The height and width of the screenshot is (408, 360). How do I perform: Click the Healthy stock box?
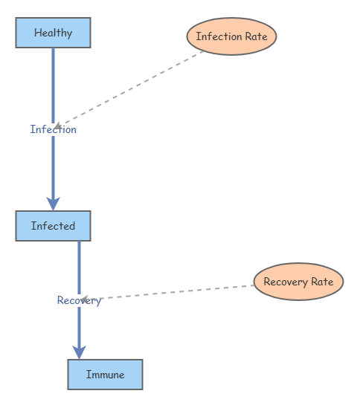[x=53, y=33]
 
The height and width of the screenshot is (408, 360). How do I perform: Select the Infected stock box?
[x=53, y=226]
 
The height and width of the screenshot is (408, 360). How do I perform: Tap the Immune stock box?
[x=105, y=375]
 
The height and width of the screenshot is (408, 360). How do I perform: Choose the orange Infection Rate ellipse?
[x=231, y=36]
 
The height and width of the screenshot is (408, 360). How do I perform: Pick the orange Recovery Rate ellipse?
[x=298, y=282]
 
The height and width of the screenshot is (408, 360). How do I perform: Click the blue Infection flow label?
[x=53, y=129]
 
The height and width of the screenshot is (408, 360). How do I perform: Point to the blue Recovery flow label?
[x=79, y=300]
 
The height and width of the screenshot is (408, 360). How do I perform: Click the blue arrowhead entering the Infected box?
[x=53, y=203]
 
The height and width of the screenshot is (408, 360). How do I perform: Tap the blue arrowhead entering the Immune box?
[x=80, y=352]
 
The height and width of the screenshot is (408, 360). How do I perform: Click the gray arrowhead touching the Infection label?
[x=58, y=126]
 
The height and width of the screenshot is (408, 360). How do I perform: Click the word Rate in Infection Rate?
[x=255, y=36]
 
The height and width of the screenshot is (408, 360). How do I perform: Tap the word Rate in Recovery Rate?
[x=321, y=282]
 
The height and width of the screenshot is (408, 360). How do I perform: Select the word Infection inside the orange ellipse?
[x=218, y=36]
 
